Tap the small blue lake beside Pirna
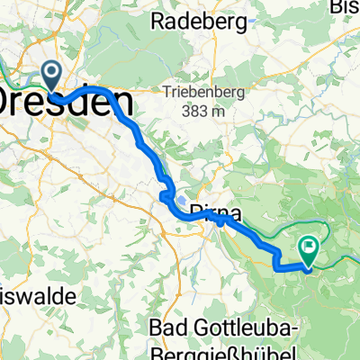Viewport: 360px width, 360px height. click(x=179, y=202)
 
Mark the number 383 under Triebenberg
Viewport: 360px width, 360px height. click(x=192, y=112)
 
